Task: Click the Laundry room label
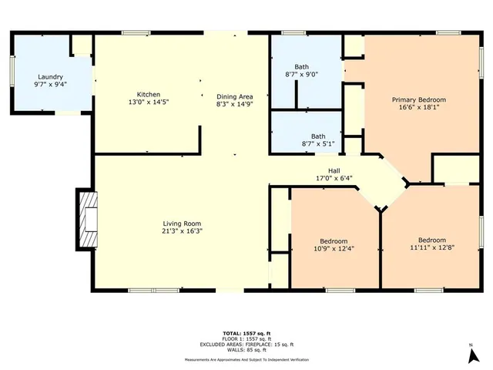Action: click(51, 77)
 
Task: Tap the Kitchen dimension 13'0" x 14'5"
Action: click(149, 103)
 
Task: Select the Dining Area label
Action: click(234, 95)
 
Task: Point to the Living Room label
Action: click(183, 223)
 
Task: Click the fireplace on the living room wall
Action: click(88, 219)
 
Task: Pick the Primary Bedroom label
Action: click(418, 100)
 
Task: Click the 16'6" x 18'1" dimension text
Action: click(418, 109)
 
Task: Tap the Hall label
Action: click(334, 171)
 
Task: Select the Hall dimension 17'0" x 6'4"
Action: click(334, 179)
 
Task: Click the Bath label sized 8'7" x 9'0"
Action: click(301, 66)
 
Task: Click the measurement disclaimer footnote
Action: click(246, 360)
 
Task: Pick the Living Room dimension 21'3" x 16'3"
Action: click(183, 230)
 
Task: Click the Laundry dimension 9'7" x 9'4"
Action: click(51, 86)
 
